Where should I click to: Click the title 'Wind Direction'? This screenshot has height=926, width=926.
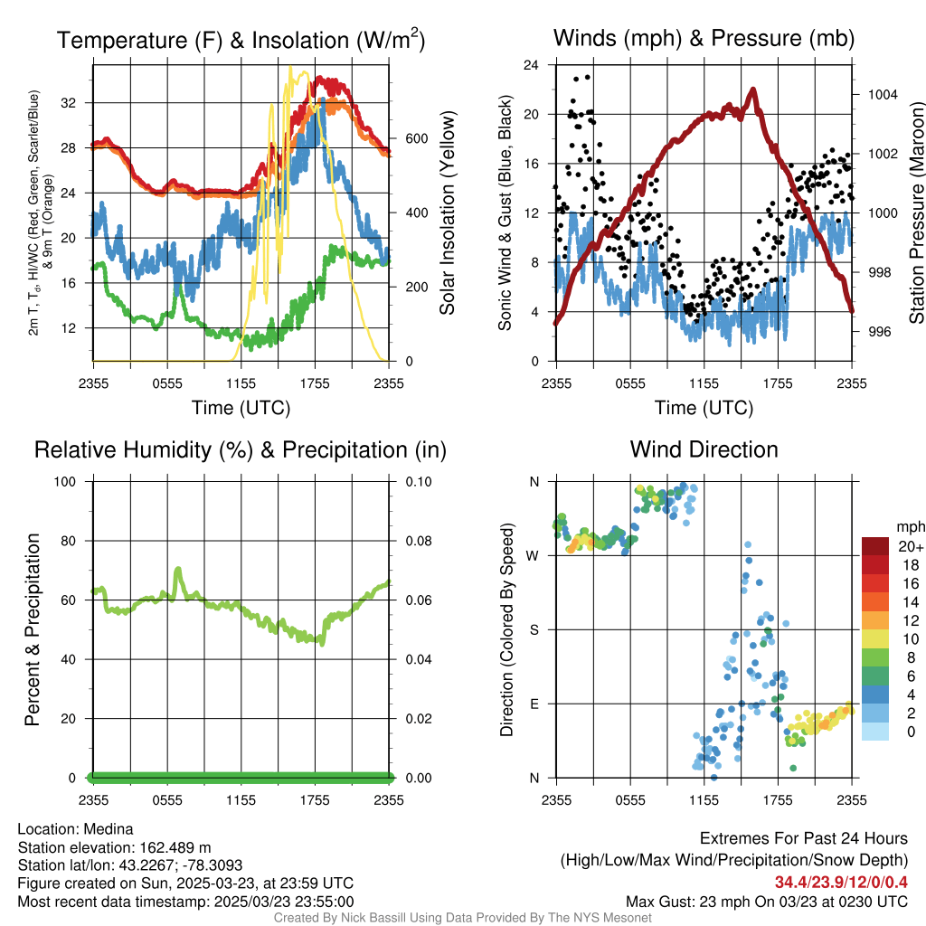(x=704, y=449)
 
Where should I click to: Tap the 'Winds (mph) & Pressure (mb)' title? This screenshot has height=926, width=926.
(x=704, y=39)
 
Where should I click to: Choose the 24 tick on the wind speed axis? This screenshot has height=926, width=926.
(x=532, y=65)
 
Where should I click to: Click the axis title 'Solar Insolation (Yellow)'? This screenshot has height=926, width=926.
(x=447, y=213)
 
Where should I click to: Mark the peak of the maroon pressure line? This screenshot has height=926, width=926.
(x=752, y=90)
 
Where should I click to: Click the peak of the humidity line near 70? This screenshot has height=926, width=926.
(x=178, y=570)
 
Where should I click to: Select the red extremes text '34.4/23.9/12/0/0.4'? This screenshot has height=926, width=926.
(x=841, y=883)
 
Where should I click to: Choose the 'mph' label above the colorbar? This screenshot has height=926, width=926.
(x=909, y=526)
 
